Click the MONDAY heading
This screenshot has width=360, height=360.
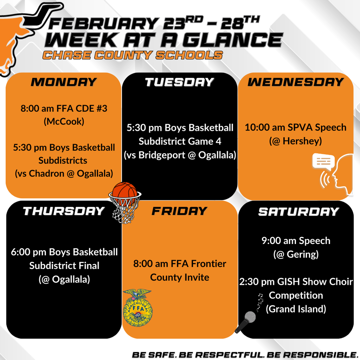coord(64,82)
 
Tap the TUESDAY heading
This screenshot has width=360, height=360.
coord(179,82)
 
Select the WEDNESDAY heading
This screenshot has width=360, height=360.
coord(296,82)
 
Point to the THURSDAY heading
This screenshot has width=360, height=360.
coord(64,211)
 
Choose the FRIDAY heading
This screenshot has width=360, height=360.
coord(179,211)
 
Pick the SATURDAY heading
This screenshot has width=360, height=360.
coord(298,212)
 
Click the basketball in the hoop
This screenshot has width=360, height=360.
coord(124,191)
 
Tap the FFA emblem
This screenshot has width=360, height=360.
coord(137,307)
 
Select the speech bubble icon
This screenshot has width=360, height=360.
coord(323,162)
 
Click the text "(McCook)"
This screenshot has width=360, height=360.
coord(64,122)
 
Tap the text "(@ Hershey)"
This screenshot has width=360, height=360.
coord(296,141)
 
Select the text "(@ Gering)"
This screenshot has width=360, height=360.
coord(296,254)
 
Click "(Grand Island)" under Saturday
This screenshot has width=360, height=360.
coord(296,309)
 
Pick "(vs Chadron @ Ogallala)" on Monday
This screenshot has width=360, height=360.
coord(64,173)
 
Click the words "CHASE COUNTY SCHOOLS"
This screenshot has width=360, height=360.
coord(133,55)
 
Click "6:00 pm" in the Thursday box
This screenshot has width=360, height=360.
coord(25,252)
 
